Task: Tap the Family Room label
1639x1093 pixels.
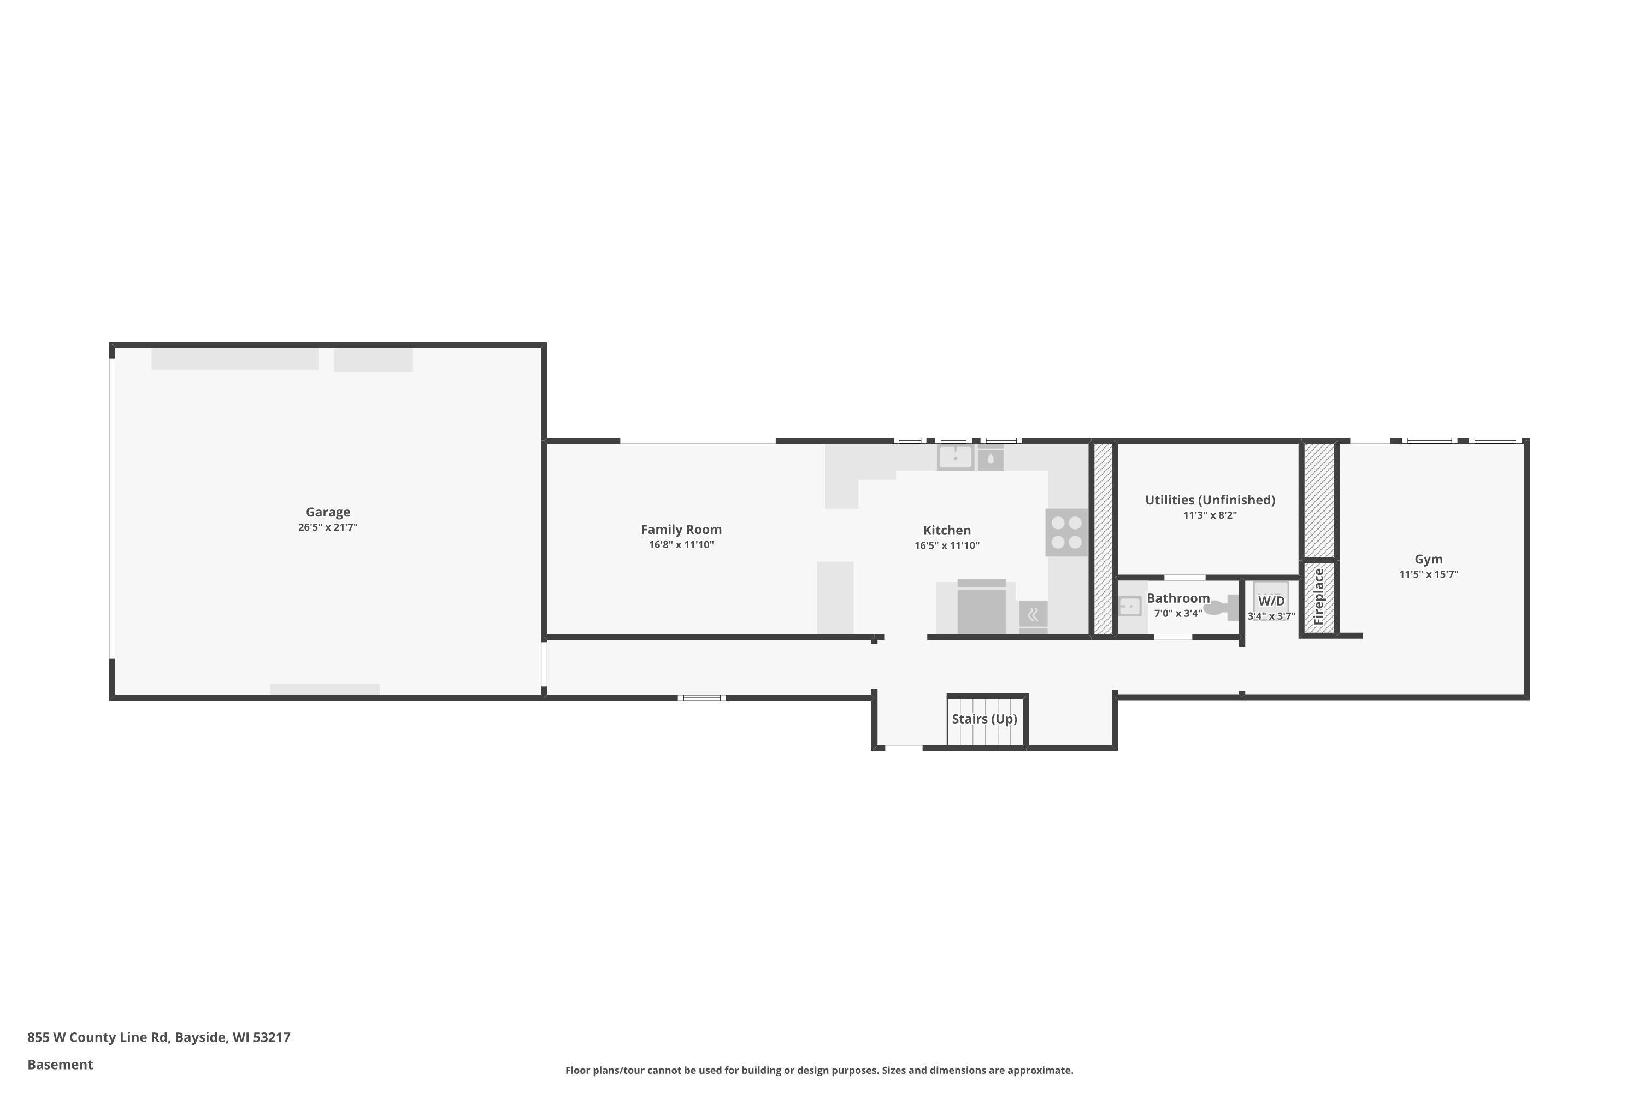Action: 681,530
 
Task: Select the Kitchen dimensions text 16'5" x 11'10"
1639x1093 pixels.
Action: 947,546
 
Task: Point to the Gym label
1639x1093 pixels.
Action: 1429,559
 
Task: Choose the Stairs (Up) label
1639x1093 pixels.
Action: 984,719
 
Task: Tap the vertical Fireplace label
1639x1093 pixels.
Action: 1318,597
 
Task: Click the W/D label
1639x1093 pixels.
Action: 1271,601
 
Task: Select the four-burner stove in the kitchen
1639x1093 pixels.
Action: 1066,532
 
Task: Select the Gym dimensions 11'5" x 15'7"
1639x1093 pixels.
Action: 1429,574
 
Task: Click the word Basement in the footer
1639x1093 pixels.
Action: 60,1065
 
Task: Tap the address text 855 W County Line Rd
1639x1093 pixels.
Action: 98,1037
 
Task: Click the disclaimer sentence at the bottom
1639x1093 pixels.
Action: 819,1070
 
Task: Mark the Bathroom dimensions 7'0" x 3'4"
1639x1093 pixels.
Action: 1178,613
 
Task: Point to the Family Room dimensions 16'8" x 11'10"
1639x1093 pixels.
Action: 681,545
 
